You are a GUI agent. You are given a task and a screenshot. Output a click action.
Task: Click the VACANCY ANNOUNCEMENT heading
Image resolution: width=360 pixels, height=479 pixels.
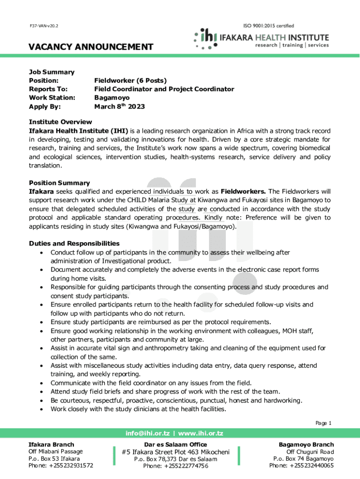[91, 47]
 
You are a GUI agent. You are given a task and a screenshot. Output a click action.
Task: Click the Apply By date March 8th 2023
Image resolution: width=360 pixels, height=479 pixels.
[119, 106]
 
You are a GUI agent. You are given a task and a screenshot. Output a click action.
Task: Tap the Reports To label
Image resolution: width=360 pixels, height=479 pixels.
[48, 89]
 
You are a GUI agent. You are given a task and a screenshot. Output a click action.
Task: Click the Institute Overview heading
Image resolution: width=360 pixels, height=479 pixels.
[60, 122]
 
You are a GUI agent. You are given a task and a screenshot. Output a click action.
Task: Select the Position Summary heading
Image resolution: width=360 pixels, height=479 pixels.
[59, 183]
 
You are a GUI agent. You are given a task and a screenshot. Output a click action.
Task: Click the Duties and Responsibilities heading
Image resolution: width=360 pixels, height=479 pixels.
[74, 244]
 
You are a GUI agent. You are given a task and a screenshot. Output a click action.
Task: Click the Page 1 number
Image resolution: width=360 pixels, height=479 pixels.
[324, 423]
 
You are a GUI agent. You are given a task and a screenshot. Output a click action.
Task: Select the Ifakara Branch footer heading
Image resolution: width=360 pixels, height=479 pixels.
[51, 444]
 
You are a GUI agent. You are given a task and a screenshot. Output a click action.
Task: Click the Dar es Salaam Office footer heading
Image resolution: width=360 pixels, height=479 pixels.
[176, 444]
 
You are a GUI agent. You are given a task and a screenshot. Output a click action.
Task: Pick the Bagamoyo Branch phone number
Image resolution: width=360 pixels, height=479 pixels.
[302, 465]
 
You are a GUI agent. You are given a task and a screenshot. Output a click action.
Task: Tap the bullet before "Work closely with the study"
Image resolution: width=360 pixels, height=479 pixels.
[42, 409]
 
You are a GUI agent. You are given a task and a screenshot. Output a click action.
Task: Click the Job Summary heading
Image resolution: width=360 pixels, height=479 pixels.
[51, 72]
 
